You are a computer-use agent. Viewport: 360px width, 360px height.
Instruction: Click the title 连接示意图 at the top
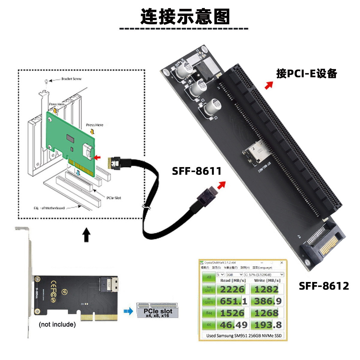tap(185, 16)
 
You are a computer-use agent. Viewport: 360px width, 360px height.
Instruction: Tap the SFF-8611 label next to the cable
tap(196, 171)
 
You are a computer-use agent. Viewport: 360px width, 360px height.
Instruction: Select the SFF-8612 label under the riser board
tap(324, 286)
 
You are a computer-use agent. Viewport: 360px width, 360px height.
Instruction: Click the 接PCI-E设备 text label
tap(307, 73)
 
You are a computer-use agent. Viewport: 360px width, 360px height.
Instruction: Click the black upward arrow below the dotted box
tap(86, 235)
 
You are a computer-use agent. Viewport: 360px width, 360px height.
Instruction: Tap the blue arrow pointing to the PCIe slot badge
tap(128, 311)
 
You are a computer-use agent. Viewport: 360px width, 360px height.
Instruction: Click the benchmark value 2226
tap(232, 289)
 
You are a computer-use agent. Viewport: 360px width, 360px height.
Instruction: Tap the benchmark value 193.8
tap(266, 325)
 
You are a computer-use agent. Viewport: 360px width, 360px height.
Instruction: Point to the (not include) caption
tap(57, 325)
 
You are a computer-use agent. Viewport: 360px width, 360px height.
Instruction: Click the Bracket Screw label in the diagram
tap(71, 79)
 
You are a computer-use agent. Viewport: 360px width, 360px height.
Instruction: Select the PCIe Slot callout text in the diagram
tap(114, 198)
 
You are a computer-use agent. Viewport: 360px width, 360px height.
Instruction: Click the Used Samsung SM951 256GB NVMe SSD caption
tap(244, 335)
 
